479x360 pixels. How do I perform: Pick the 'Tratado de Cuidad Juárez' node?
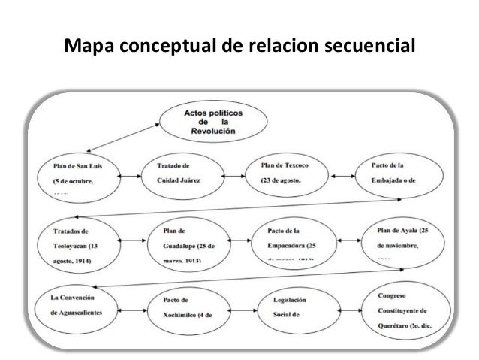(182, 177)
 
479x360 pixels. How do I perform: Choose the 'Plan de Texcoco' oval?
(289, 176)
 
